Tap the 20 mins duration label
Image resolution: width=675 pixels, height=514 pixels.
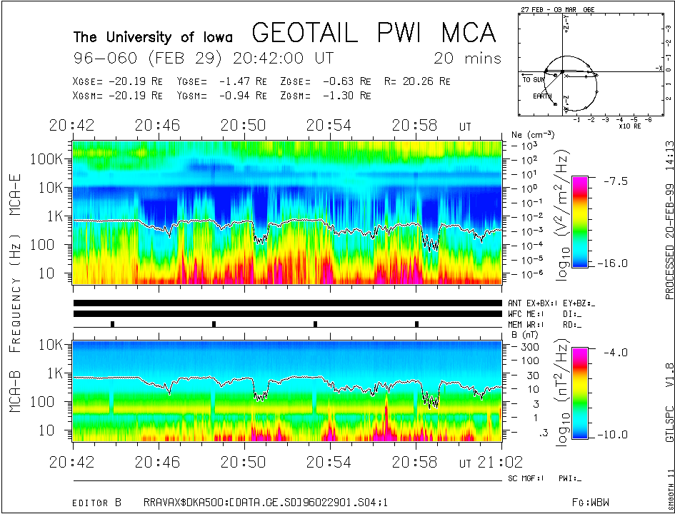tap(467, 58)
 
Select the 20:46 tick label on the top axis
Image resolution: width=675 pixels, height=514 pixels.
tap(157, 125)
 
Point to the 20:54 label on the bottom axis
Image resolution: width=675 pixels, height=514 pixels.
tap(329, 462)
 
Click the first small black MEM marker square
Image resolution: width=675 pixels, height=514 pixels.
tap(112, 324)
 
